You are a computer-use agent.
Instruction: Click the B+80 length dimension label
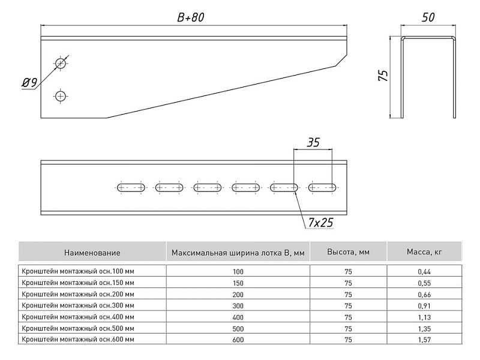[x=191, y=18]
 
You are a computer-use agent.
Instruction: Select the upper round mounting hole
[x=61, y=63]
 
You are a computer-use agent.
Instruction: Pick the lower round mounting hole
[x=60, y=95]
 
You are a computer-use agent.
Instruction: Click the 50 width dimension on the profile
[x=428, y=18]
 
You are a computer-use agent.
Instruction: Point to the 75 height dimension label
[x=384, y=75]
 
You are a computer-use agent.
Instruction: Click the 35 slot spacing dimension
[x=313, y=142]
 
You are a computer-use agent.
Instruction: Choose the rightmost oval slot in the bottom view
[x=323, y=187]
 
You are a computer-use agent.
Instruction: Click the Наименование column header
[x=92, y=253]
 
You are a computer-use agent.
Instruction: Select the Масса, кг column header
[x=425, y=253]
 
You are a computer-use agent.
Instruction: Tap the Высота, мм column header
[x=348, y=253]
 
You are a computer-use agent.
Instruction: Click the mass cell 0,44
[x=425, y=271]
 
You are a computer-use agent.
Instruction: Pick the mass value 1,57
[x=425, y=340]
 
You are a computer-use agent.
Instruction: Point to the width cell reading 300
[x=238, y=305]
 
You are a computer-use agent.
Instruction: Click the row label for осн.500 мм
[x=78, y=328]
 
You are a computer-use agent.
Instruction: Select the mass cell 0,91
[x=425, y=305]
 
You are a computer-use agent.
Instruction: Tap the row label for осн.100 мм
[x=78, y=271]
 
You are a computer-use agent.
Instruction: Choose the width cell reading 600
[x=238, y=340]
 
